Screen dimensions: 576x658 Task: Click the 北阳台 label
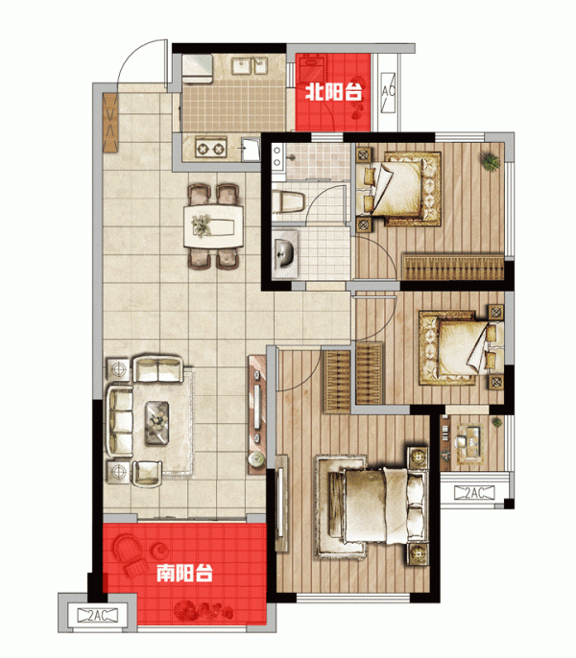(333, 91)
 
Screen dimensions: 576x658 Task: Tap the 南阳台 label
(185, 573)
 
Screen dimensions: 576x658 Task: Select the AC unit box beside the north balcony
(388, 92)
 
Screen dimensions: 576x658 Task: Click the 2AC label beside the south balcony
(98, 615)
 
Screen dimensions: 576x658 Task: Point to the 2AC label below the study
(474, 493)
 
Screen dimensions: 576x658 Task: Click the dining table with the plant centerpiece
(213, 226)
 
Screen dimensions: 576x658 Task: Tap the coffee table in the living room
(157, 423)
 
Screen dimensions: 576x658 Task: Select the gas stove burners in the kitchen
(211, 149)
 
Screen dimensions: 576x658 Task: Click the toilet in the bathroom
(288, 201)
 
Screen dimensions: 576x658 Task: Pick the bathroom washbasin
(285, 253)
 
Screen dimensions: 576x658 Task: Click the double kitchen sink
(250, 66)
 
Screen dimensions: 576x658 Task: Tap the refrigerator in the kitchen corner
(197, 69)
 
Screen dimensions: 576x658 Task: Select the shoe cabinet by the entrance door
(110, 123)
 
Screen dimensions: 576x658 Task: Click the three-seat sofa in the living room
(121, 421)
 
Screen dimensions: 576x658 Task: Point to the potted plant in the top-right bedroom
(491, 161)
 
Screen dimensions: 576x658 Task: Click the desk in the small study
(470, 444)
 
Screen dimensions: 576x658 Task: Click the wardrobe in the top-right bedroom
(453, 268)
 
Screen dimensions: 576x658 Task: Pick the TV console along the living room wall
(256, 414)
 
